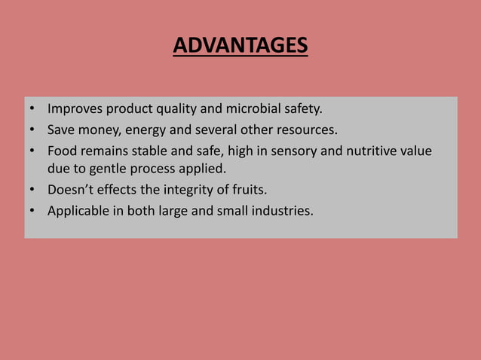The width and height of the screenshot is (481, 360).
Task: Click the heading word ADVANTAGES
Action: point(240,47)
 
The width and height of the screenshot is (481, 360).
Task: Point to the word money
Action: point(96,130)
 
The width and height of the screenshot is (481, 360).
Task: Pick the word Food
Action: point(62,151)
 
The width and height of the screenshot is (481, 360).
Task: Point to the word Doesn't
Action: point(72,190)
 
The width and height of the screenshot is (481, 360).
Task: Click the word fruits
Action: point(246,190)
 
